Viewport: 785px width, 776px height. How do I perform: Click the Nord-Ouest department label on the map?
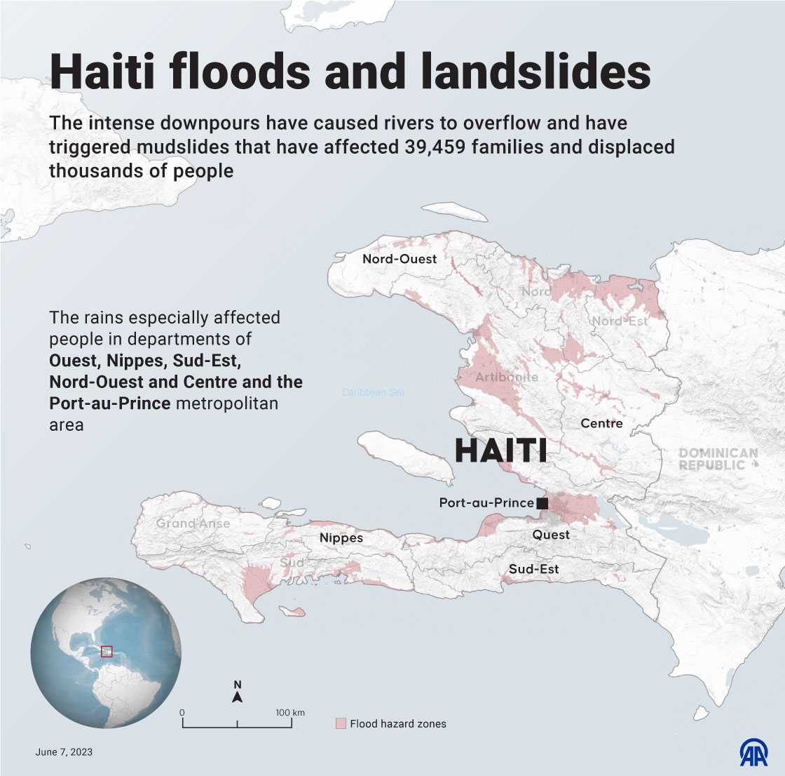[x=399, y=259]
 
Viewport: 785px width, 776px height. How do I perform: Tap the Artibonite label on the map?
[x=507, y=377]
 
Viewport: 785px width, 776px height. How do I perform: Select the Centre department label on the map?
[x=601, y=424]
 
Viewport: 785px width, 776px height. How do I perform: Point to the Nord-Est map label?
[x=620, y=321]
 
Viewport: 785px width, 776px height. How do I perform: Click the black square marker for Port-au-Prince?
[x=542, y=503]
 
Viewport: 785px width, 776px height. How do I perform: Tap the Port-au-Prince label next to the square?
[x=486, y=503]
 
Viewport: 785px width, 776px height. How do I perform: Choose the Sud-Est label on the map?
[x=533, y=569]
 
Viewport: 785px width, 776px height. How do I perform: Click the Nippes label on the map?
[x=341, y=538]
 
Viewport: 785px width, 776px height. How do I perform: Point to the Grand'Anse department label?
[x=193, y=523]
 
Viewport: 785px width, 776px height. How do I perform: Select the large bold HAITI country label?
[x=500, y=450]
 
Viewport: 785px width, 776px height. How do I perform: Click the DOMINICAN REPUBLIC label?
[x=718, y=460]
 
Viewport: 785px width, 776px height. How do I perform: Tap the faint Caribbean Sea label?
[x=373, y=393]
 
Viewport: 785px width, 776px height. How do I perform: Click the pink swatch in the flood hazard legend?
[x=341, y=723]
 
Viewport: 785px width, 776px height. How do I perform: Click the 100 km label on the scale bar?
[x=289, y=713]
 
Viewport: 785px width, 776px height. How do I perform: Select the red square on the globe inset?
[x=107, y=651]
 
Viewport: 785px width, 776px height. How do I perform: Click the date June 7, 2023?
[x=64, y=752]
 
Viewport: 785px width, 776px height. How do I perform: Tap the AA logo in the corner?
[x=753, y=752]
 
